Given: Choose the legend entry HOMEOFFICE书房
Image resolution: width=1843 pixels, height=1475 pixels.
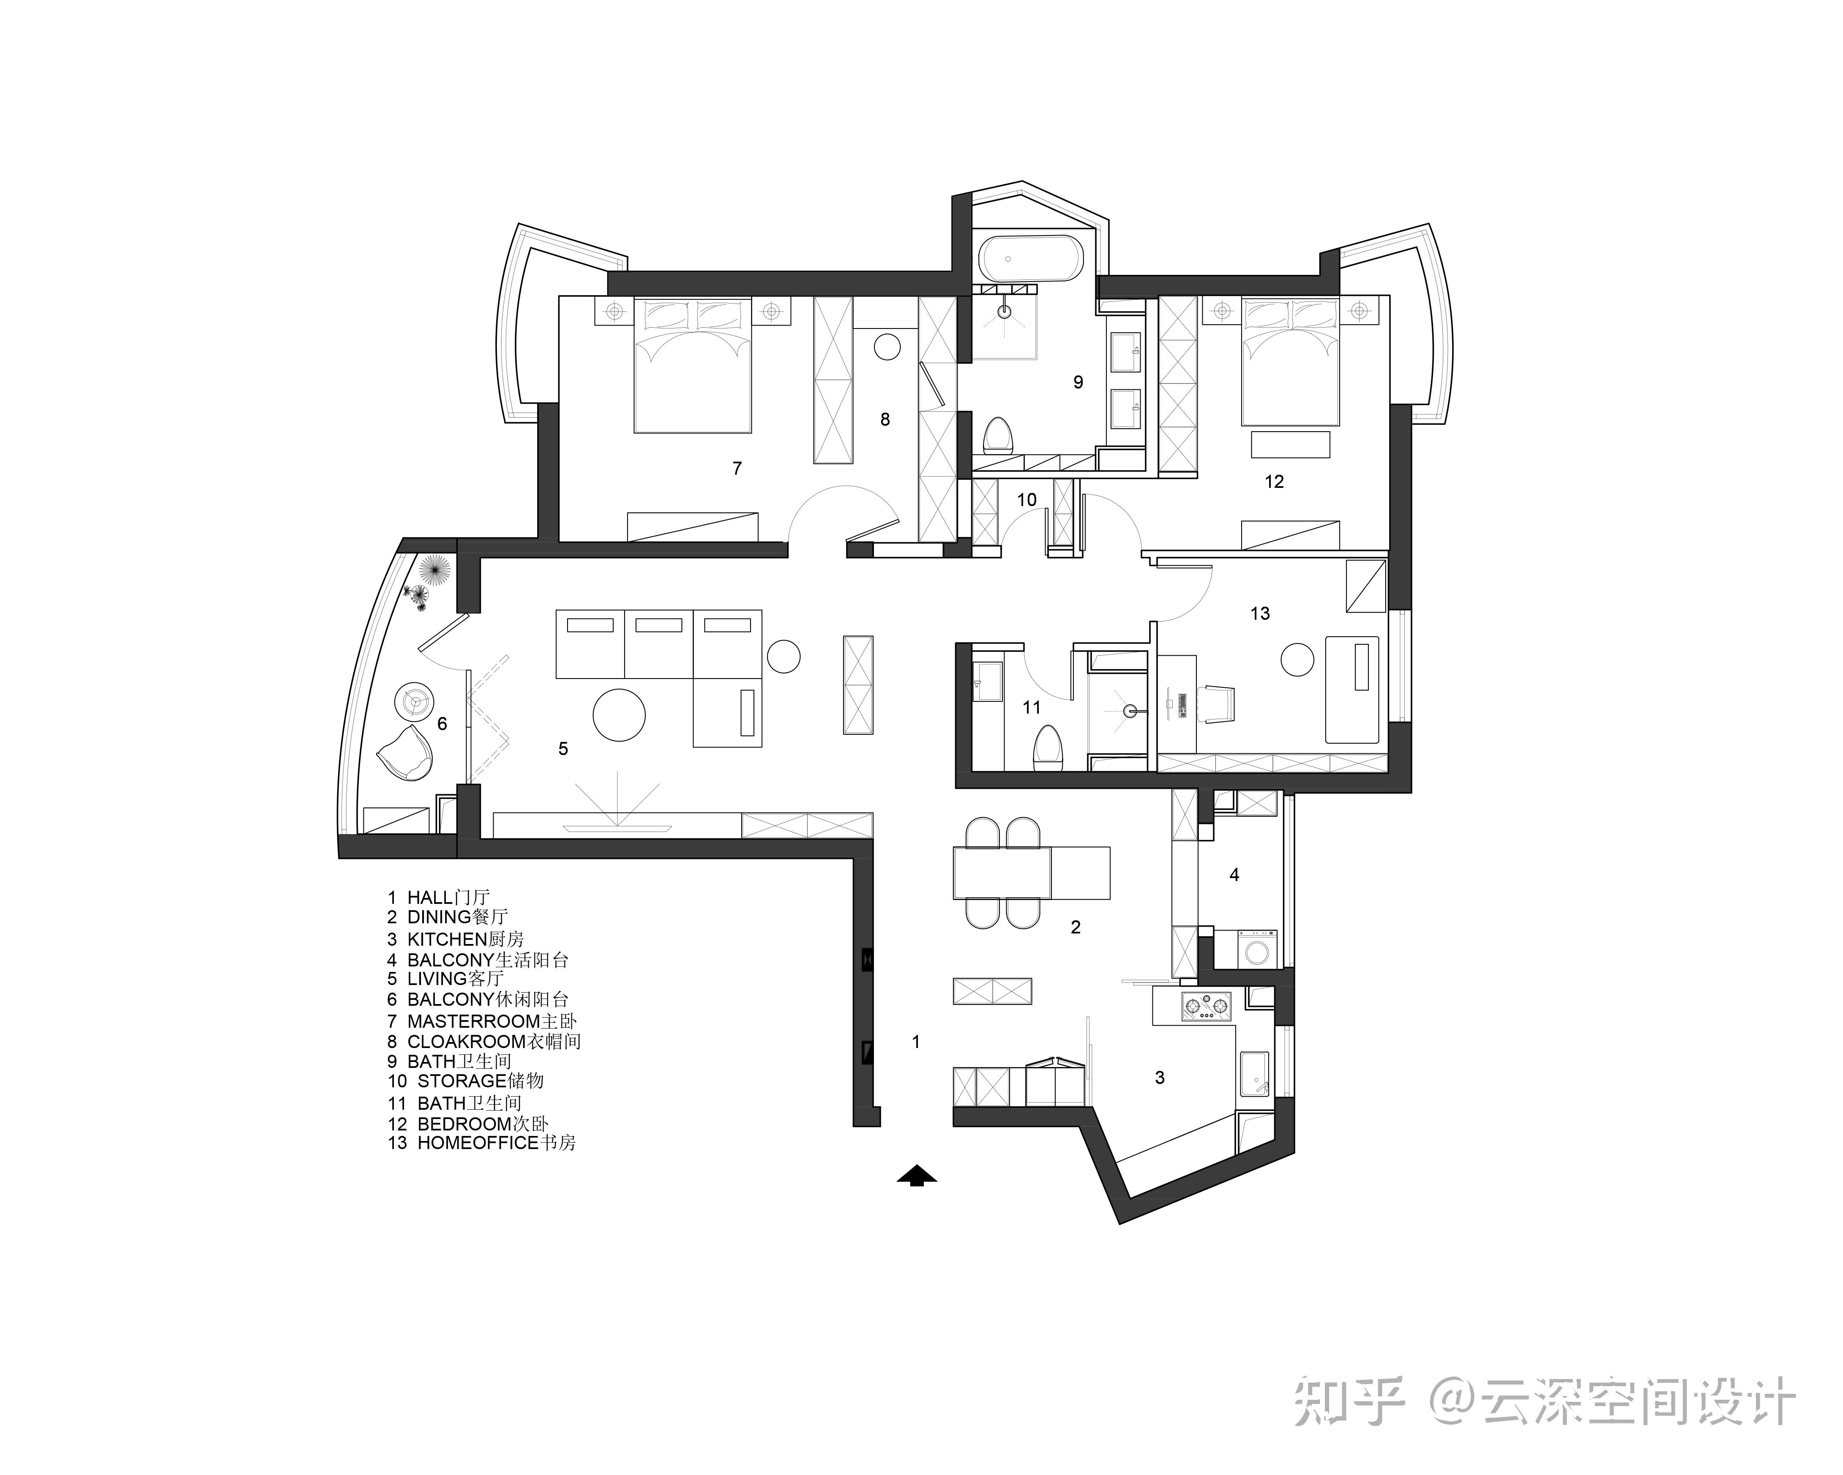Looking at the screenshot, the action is click(x=481, y=1143).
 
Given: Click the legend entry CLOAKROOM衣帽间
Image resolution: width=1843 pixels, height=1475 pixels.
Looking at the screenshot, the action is click(x=484, y=1042).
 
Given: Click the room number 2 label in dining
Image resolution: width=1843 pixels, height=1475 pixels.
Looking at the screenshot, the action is click(x=1076, y=927).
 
